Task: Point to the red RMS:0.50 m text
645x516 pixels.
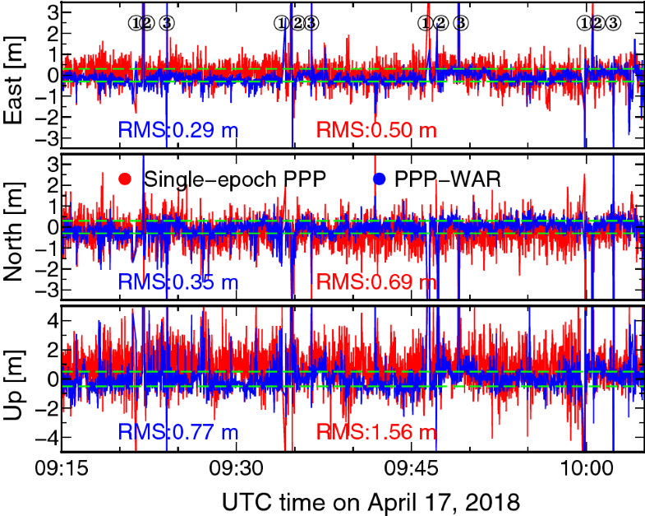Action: (x=376, y=130)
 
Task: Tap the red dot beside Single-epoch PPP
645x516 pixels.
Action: (x=126, y=179)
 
